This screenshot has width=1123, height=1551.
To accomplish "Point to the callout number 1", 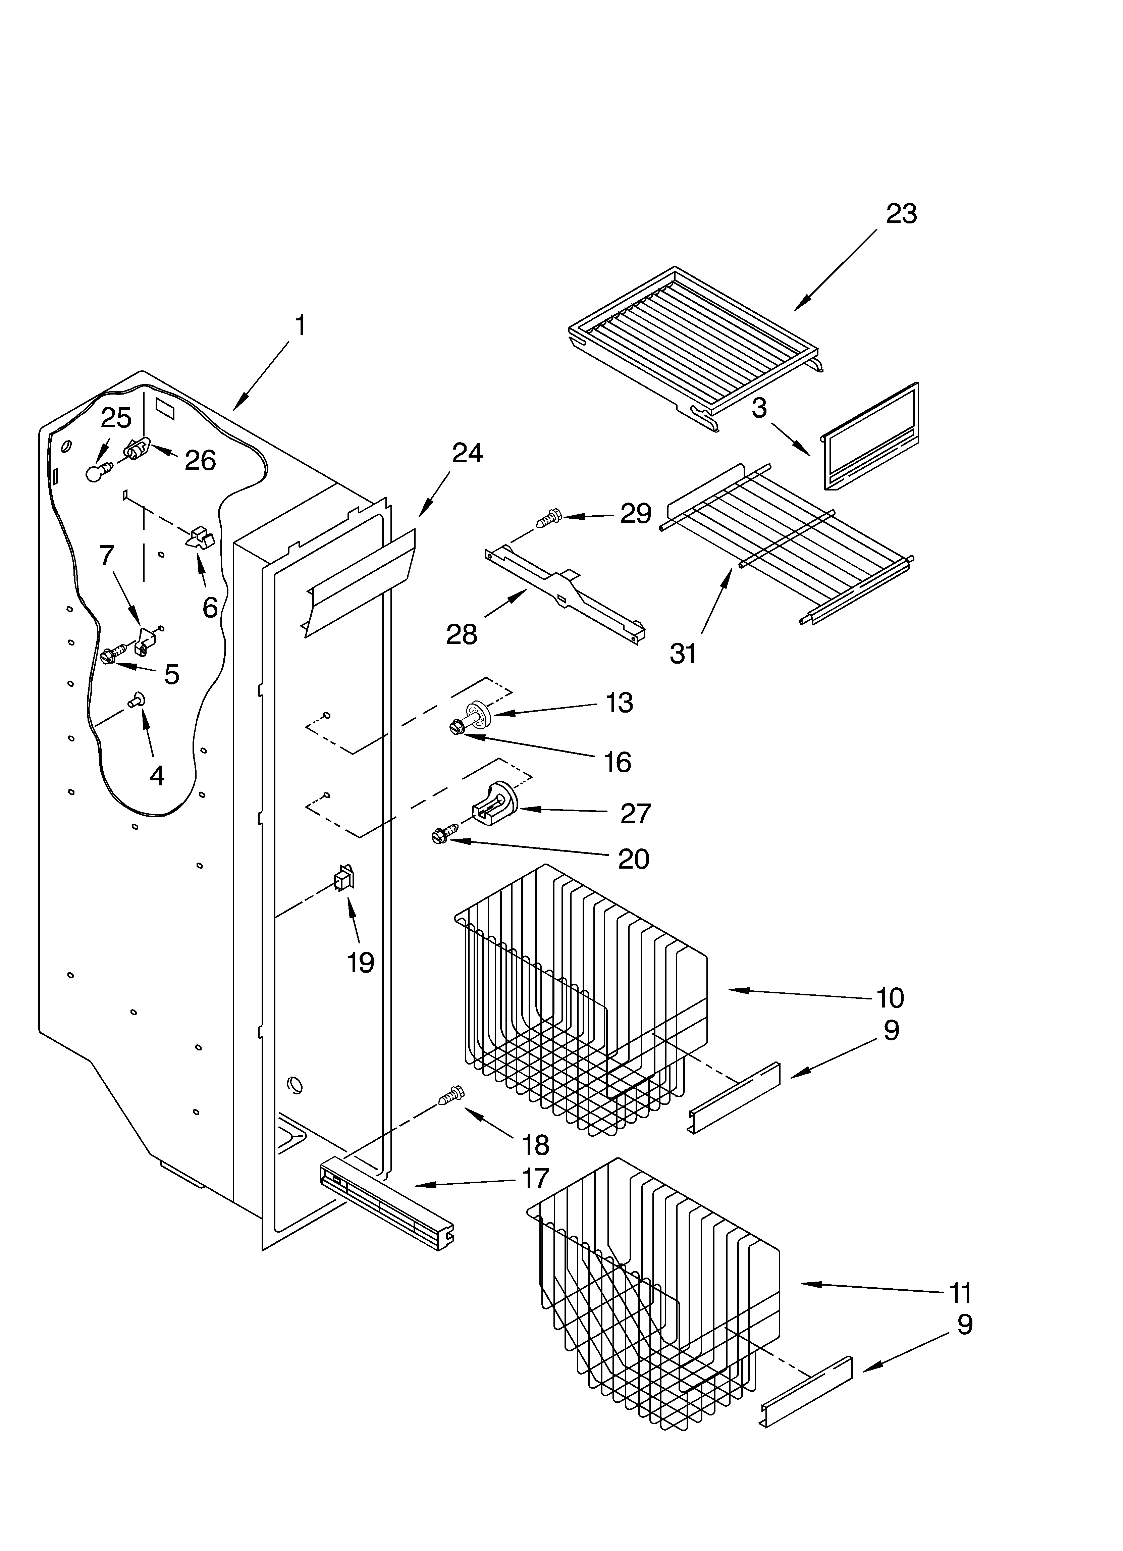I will coord(300,325).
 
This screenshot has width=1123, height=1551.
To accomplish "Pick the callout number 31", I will coord(683,654).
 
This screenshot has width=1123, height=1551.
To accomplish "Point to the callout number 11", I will coord(960,1293).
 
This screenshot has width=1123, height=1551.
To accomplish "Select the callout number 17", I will coord(535,1178).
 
